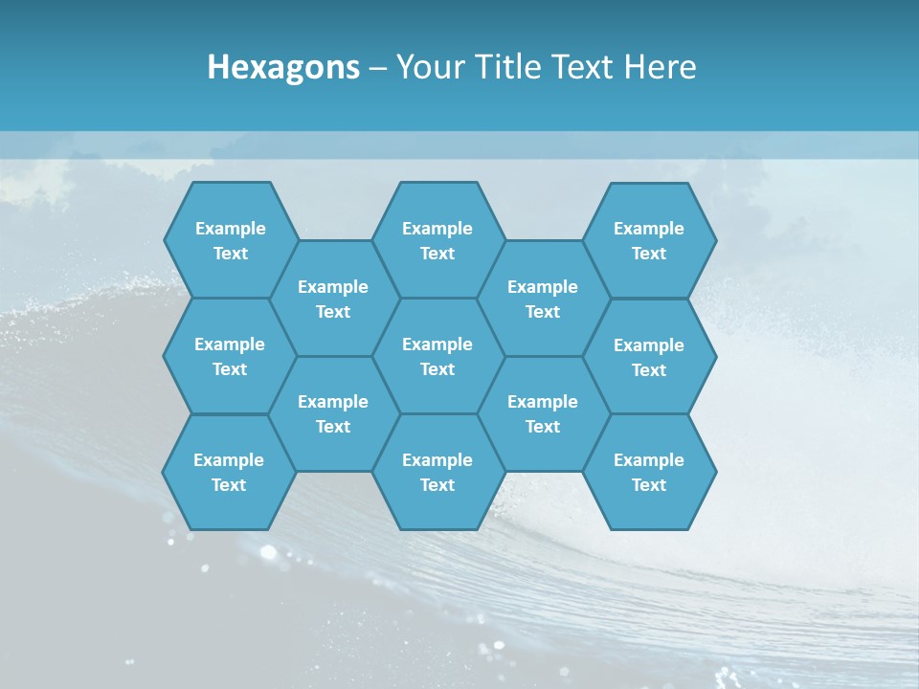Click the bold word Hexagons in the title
(x=283, y=67)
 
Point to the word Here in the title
(x=660, y=67)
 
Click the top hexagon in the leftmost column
(x=230, y=240)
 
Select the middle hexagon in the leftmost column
(x=230, y=356)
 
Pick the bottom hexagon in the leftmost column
(x=229, y=472)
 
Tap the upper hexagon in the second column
(x=333, y=299)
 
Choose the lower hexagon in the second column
(x=333, y=413)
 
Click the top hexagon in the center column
(x=437, y=240)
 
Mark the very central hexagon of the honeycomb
(x=437, y=356)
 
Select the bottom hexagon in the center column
(x=437, y=472)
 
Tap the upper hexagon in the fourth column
(x=543, y=299)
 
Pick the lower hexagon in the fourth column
(x=543, y=413)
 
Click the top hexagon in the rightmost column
(x=649, y=240)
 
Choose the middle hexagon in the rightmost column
(x=649, y=357)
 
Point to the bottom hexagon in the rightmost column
(x=649, y=472)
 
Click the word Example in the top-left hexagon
(x=230, y=229)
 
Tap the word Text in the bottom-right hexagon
(x=649, y=485)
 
